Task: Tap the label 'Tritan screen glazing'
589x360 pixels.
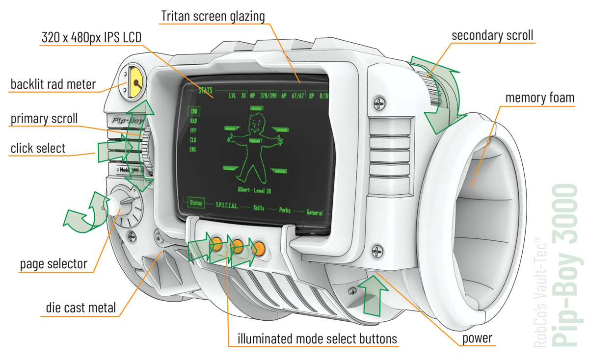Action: pos(213,16)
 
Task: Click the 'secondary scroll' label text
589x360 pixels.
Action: pos(492,35)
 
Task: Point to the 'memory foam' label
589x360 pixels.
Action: pos(539,98)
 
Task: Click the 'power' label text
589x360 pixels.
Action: pos(477,338)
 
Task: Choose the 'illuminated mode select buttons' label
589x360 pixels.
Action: pos(317,338)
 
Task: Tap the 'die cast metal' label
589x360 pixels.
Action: pos(81,308)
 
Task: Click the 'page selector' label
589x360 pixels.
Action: pos(54,264)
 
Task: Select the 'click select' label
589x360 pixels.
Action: pos(38,148)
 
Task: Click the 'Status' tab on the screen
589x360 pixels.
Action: pos(196,203)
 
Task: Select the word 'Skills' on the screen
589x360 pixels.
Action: pos(259,208)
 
